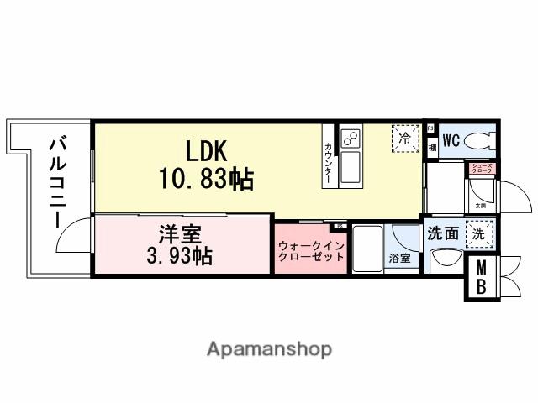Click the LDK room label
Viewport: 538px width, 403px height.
206,151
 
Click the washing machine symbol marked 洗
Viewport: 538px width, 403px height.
477,235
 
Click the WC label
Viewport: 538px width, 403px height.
450,140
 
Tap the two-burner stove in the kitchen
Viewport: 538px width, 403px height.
350,137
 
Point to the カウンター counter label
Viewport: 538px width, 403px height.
328,163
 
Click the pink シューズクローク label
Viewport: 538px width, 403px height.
481,169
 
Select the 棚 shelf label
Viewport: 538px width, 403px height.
431,147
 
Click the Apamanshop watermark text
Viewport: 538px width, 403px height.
268,348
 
